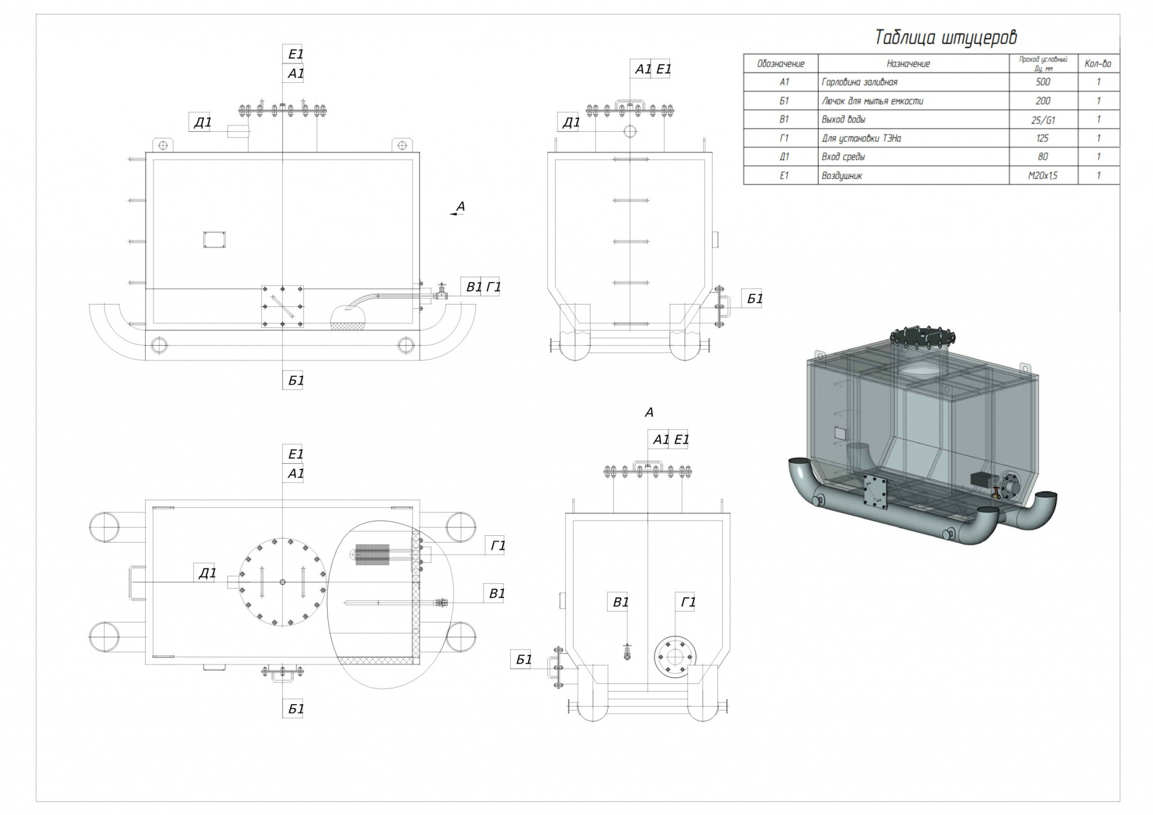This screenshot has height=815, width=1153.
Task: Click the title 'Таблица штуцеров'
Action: pos(946,37)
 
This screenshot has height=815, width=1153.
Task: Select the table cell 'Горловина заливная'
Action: pos(859,82)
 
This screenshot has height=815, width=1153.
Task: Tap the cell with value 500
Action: pos(1043,82)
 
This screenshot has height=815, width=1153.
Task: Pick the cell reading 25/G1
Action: pos(1043,119)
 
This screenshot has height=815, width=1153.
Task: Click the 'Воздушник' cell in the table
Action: pos(842,176)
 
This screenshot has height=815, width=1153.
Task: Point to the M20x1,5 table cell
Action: pos(1043,176)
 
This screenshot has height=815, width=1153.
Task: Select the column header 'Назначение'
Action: pos(908,64)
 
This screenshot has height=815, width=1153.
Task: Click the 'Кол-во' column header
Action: pos(1098,64)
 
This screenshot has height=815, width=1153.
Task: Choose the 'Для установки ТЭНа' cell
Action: pos(861,138)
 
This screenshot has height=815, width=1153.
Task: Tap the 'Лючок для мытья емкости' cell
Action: pos(872,101)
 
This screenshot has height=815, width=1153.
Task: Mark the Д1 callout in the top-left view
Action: pos(202,123)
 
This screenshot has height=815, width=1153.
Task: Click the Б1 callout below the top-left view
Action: pos(296,380)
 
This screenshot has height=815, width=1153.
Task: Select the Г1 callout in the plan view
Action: pos(498,545)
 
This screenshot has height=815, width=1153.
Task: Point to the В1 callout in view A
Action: pos(620,602)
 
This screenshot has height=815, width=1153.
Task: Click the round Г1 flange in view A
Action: pos(674,656)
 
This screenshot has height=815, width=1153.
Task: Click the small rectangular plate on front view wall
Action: pos(214,239)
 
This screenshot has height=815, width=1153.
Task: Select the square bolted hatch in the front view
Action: pos(282,306)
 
